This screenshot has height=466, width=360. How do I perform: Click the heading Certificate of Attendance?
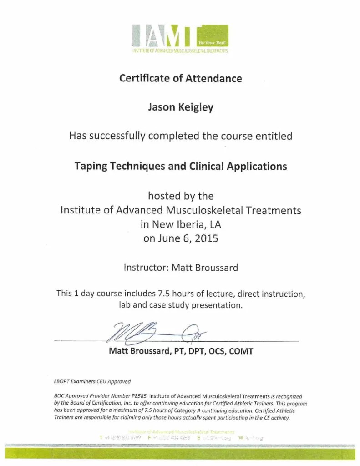(x=180, y=78)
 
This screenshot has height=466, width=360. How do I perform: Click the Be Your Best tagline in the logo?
(x=211, y=42)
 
